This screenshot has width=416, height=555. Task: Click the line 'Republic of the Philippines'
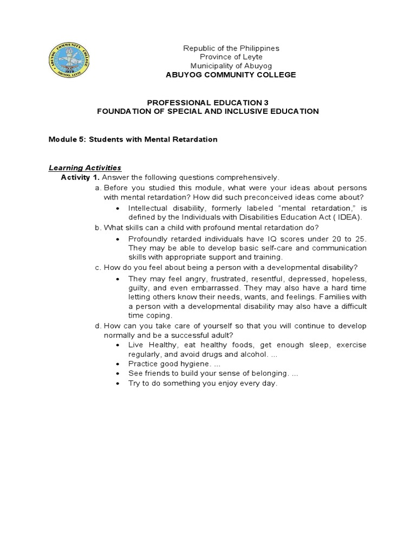pos(231,48)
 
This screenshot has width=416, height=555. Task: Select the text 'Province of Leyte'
pos(231,57)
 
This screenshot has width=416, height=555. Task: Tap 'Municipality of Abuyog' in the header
pos(231,66)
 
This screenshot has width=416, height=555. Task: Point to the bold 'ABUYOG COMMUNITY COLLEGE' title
pos(231,75)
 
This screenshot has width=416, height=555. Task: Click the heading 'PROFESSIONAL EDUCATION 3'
pos(207,102)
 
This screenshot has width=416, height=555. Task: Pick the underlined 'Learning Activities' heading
pos(85,168)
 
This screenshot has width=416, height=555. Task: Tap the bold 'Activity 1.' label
pos(80,177)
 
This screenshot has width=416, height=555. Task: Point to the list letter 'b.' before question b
pos(97,228)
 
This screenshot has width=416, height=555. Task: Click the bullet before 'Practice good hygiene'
pos(118,364)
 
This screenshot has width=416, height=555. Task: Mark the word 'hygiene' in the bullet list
pos(192,364)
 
